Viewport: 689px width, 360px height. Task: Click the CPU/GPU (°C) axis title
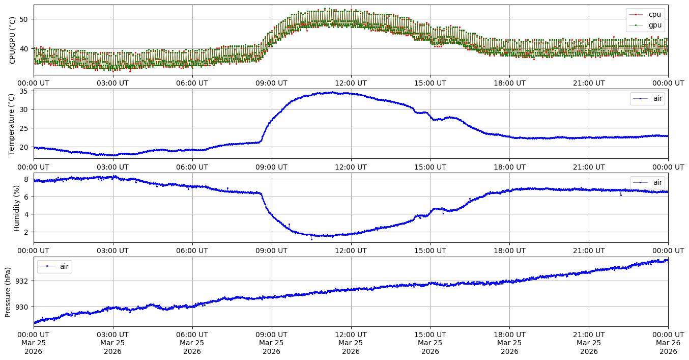(x=13, y=40)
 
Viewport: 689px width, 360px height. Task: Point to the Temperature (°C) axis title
(x=13, y=124)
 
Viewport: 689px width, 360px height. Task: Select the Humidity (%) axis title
(x=16, y=208)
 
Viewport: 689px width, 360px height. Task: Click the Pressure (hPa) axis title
(x=8, y=292)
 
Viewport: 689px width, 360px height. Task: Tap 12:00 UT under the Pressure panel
(x=351, y=335)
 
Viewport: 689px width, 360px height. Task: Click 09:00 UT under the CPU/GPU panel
(x=271, y=83)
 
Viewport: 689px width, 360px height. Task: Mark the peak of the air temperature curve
(x=332, y=92)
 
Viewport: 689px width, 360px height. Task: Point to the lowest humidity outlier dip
(x=311, y=239)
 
